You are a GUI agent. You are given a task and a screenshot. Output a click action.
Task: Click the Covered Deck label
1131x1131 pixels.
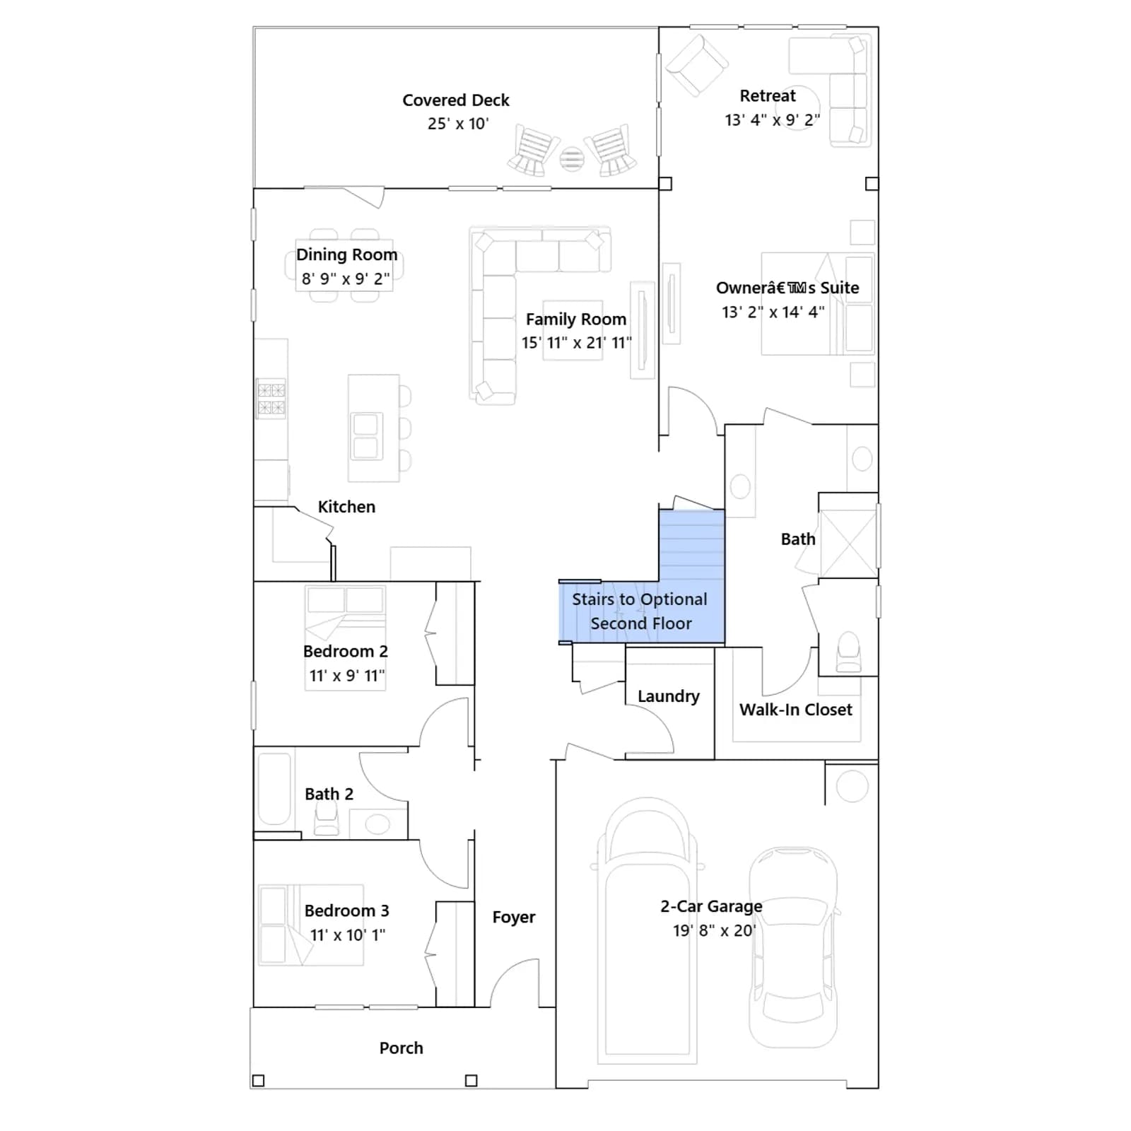point(456,100)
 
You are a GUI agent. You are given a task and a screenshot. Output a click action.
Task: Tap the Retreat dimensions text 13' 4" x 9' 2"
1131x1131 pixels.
point(772,120)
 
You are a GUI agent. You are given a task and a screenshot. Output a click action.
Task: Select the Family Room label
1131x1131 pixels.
point(576,320)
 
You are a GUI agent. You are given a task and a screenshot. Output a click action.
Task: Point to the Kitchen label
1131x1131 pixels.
point(346,507)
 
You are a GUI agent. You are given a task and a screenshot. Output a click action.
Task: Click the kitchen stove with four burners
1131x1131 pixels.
point(271,399)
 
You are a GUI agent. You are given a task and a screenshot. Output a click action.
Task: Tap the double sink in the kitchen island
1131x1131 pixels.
point(365,436)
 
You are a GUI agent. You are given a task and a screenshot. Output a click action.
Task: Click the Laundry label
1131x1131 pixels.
point(669,696)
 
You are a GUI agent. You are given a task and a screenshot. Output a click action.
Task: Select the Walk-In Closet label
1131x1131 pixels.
point(796,710)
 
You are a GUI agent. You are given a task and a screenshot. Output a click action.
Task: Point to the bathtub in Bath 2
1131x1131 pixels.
point(274,790)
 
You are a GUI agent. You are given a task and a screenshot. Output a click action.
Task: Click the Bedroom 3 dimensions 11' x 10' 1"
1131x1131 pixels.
point(348,935)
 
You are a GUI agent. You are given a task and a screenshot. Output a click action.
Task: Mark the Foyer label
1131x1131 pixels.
point(514,918)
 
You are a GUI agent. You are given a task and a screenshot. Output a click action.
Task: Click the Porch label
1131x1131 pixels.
point(401,1048)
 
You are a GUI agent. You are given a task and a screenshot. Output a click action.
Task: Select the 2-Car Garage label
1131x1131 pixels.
point(711,906)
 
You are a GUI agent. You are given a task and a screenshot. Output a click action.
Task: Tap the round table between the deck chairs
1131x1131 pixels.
point(572,159)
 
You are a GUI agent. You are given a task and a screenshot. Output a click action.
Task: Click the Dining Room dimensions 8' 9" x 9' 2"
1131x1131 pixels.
point(346,279)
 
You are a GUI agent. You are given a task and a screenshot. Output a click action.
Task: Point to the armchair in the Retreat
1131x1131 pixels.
point(697,65)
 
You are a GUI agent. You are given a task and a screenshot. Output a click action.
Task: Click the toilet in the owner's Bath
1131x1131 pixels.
point(848,652)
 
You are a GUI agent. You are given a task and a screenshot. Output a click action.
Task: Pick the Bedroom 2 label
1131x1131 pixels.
point(346,651)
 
